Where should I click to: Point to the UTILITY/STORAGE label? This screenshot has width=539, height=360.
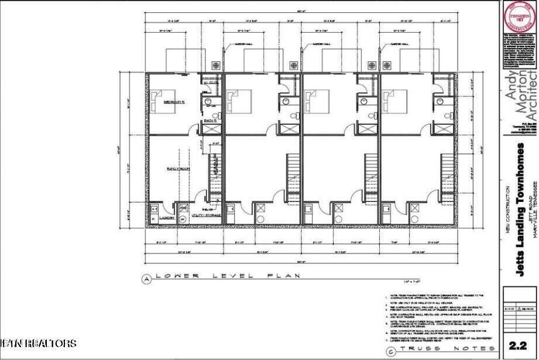[x=207, y=215]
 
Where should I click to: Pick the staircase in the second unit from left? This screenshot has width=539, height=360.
[x=293, y=176]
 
